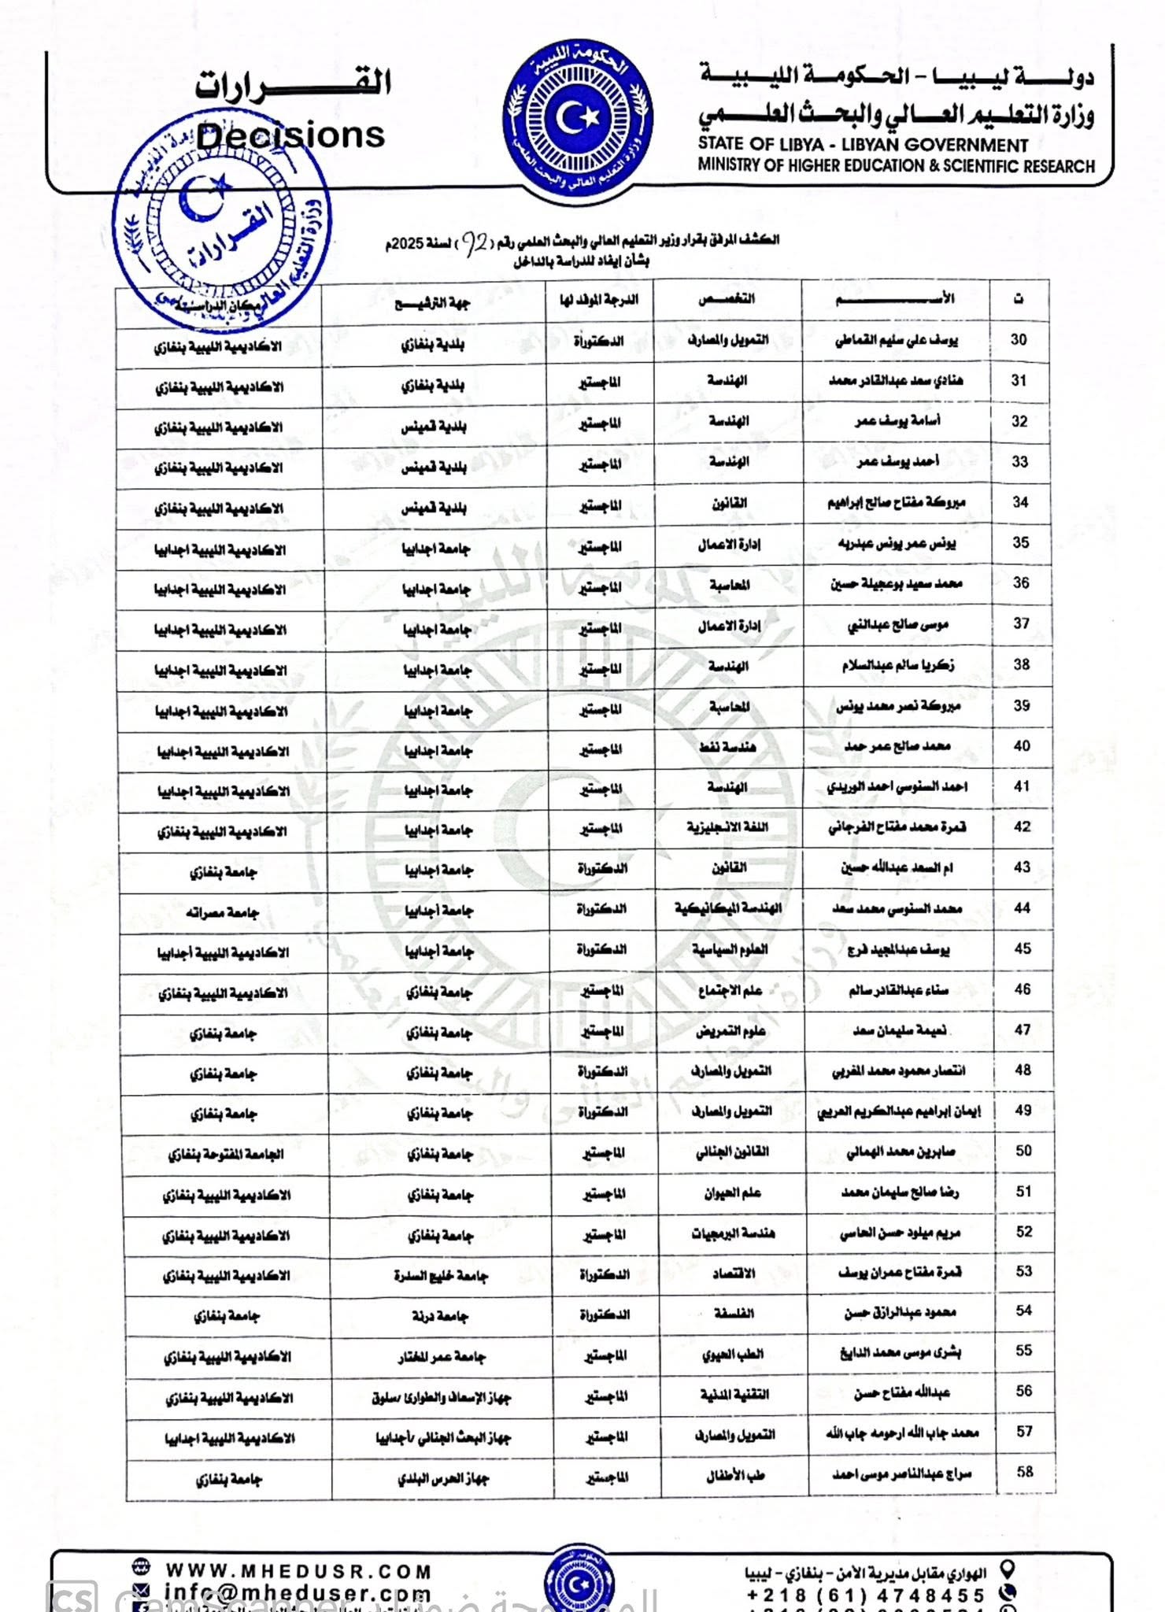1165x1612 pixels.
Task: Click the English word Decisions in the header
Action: pos(290,135)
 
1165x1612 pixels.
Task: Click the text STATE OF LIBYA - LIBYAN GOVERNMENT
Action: pos(863,145)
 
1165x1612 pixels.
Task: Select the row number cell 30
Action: pos(1019,340)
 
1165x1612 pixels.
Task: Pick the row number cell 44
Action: pos(1022,908)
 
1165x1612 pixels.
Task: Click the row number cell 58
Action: pos(1024,1472)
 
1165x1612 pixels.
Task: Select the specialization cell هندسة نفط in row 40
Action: pos(728,746)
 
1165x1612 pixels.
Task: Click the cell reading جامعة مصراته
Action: pos(222,913)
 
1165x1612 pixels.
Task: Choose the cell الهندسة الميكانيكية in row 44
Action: pos(728,908)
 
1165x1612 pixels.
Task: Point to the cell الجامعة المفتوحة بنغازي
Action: pos(226,1155)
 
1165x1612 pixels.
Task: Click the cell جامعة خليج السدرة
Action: pos(441,1276)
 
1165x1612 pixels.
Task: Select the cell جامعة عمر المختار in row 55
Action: pos(442,1357)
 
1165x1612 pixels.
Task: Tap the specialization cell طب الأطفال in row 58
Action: pos(734,1476)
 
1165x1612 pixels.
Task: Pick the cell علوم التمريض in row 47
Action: pos(730,1031)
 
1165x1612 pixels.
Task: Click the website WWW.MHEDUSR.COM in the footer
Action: pos(298,1571)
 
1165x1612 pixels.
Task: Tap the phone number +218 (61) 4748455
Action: pos(865,1595)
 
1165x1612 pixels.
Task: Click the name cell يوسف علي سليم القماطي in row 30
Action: pos(897,341)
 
